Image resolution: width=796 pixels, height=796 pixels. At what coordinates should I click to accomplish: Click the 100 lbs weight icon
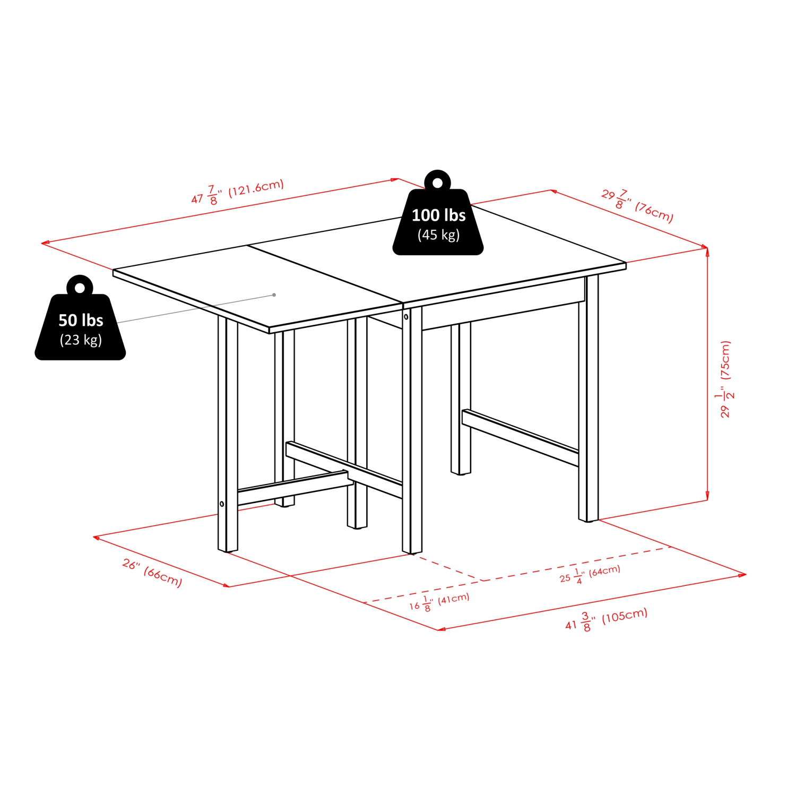[438, 220]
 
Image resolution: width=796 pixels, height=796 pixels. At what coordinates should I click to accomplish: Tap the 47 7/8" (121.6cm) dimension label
[238, 192]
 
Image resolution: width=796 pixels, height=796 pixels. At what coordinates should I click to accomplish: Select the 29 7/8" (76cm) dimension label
[637, 206]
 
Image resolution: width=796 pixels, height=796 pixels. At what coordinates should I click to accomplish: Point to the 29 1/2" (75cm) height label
[725, 379]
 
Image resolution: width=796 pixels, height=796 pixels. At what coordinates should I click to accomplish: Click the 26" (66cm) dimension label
[152, 573]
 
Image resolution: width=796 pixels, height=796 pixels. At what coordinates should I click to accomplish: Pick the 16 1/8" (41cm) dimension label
[439, 602]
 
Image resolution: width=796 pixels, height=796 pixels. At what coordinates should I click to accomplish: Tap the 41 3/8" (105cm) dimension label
[606, 620]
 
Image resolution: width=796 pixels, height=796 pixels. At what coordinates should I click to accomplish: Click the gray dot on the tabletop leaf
[274, 295]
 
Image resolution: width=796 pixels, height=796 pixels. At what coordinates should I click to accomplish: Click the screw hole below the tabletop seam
[406, 317]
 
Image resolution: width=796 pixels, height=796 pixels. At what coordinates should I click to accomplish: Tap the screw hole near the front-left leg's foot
[222, 504]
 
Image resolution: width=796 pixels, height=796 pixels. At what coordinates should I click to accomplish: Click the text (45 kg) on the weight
[438, 235]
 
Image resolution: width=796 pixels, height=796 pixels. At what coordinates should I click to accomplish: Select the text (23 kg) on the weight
[81, 340]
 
